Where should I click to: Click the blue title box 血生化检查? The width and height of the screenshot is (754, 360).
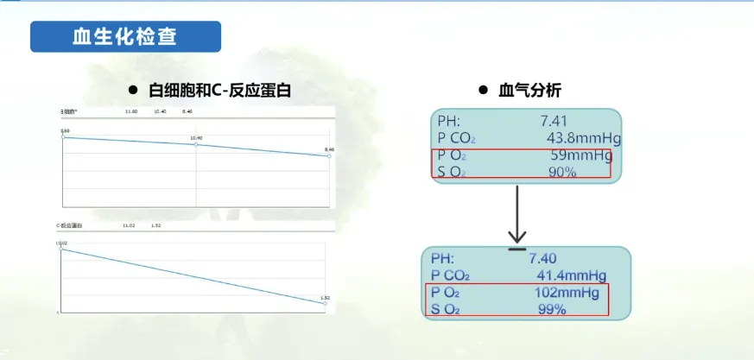pyautogui.click(x=125, y=37)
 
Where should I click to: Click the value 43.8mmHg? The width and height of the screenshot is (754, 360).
pyautogui.click(x=584, y=138)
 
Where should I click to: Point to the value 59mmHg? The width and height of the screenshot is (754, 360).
pyautogui.click(x=580, y=155)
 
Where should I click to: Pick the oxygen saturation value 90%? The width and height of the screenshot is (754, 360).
pyautogui.click(x=562, y=173)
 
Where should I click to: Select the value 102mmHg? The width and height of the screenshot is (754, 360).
pyautogui.click(x=567, y=293)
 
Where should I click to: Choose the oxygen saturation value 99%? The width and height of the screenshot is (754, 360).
pyautogui.click(x=551, y=309)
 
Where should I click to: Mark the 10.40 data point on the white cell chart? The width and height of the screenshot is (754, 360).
pyautogui.click(x=196, y=144)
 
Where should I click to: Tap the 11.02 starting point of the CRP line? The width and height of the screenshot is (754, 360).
pyautogui.click(x=61, y=249)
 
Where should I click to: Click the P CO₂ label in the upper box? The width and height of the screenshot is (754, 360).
pyautogui.click(x=456, y=138)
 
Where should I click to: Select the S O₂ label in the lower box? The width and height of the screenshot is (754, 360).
pyautogui.click(x=447, y=309)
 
